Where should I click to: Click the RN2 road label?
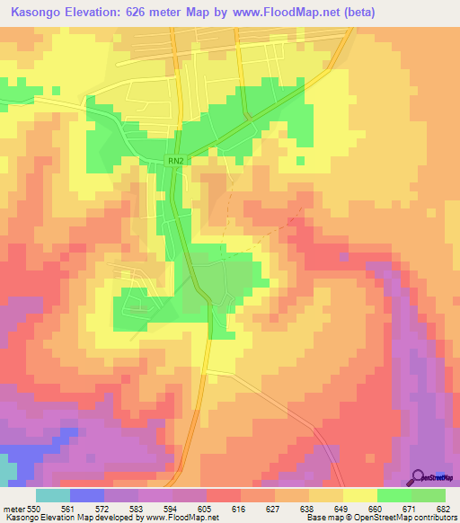pyautogui.click(x=174, y=161)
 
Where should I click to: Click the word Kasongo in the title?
pyautogui.click(x=36, y=13)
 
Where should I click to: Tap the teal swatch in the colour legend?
pyautogui.click(x=53, y=495)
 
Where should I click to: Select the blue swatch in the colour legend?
pyautogui.click(x=87, y=495)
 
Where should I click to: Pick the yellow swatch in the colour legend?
pyautogui.click(x=360, y=495)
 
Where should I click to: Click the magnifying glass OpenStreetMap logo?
pyautogui.click(x=420, y=477)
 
